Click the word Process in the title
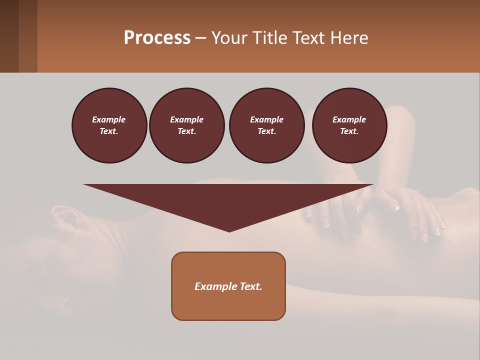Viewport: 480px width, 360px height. [x=157, y=38]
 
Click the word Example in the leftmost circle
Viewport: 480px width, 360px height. [x=109, y=119]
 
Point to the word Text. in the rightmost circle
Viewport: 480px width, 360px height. [x=349, y=131]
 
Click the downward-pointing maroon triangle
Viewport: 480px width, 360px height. [x=228, y=200]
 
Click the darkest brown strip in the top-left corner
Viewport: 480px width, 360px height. [x=9, y=36]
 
